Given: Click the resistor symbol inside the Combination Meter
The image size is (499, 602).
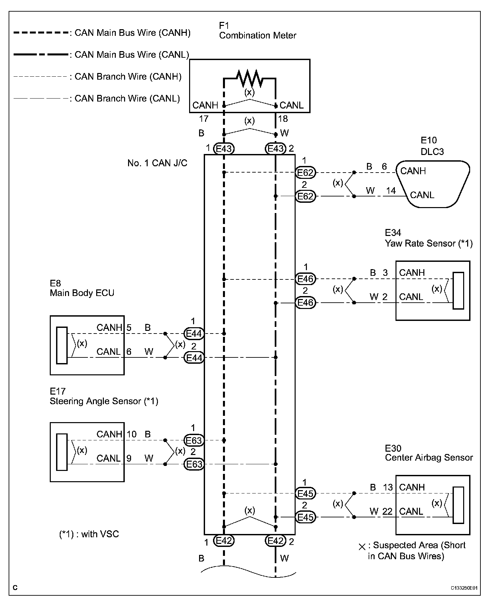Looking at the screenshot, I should coord(249,79).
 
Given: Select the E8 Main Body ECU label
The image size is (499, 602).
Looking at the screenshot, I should coord(82,288).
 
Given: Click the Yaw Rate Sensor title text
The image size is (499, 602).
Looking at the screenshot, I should coord(428,243).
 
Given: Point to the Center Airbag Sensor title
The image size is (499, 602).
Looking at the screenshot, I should coord(429,458).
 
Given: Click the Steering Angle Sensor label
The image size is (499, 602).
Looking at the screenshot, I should coord(104,401).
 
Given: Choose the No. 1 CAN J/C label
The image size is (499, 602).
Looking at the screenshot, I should coord(157,163).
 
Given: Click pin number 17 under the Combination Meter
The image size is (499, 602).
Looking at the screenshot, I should coord(204,118).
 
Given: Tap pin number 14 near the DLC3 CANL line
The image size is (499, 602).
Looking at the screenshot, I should coord(391,191).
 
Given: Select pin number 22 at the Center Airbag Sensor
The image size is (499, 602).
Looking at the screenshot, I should coord(387,511).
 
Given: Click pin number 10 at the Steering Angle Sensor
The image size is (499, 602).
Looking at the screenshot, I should coord(132,434).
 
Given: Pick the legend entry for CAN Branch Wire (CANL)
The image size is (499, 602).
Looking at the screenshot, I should coord(127,99).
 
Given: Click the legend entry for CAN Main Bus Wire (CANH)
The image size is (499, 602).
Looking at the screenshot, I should coord(133,33).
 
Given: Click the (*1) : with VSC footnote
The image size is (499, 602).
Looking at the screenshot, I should coord(89,534).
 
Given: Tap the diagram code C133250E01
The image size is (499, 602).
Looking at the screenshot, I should coord(464,588).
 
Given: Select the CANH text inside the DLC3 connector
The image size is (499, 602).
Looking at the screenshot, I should coord(413,171).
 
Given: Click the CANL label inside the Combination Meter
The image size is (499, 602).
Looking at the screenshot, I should coord(291,105).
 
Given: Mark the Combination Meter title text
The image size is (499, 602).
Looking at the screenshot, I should coord(257,36).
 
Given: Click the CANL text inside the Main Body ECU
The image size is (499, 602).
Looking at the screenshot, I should coord(108,351).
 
